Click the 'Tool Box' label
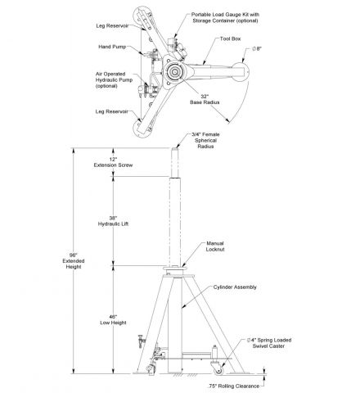click(230, 38)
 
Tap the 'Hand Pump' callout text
click(112, 47)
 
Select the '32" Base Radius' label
click(205, 99)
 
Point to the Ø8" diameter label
click(257, 49)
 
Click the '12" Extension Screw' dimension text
click(113, 162)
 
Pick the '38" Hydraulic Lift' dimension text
click(113, 221)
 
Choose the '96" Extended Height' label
click(74, 261)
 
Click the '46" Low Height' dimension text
click(113, 319)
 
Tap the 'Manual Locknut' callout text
click(215, 246)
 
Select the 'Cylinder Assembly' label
click(235, 287)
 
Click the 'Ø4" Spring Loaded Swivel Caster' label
click(269, 343)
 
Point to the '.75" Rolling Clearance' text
click(234, 386)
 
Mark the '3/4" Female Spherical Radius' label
click(205, 140)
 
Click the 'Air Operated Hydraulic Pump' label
click(114, 79)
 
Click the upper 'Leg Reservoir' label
click(112, 26)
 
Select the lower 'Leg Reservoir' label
click(111, 111)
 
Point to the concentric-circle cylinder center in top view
click(173, 72)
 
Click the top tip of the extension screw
click(174, 148)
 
